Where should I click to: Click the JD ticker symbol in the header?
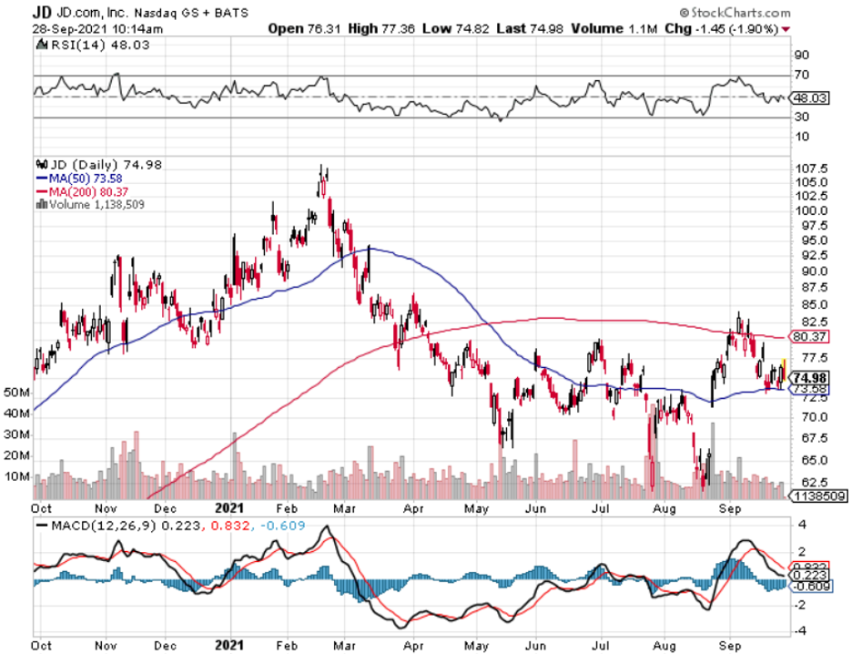pyautogui.click(x=42, y=11)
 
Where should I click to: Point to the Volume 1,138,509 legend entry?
pyautogui.click(x=95, y=204)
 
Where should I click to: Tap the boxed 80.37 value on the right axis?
pyautogui.click(x=808, y=336)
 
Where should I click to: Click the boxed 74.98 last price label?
pyautogui.click(x=808, y=378)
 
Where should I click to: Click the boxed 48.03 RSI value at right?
pyautogui.click(x=808, y=97)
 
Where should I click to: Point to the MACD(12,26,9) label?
pyautogui.click(x=104, y=526)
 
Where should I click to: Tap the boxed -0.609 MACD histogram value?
pyautogui.click(x=808, y=587)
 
